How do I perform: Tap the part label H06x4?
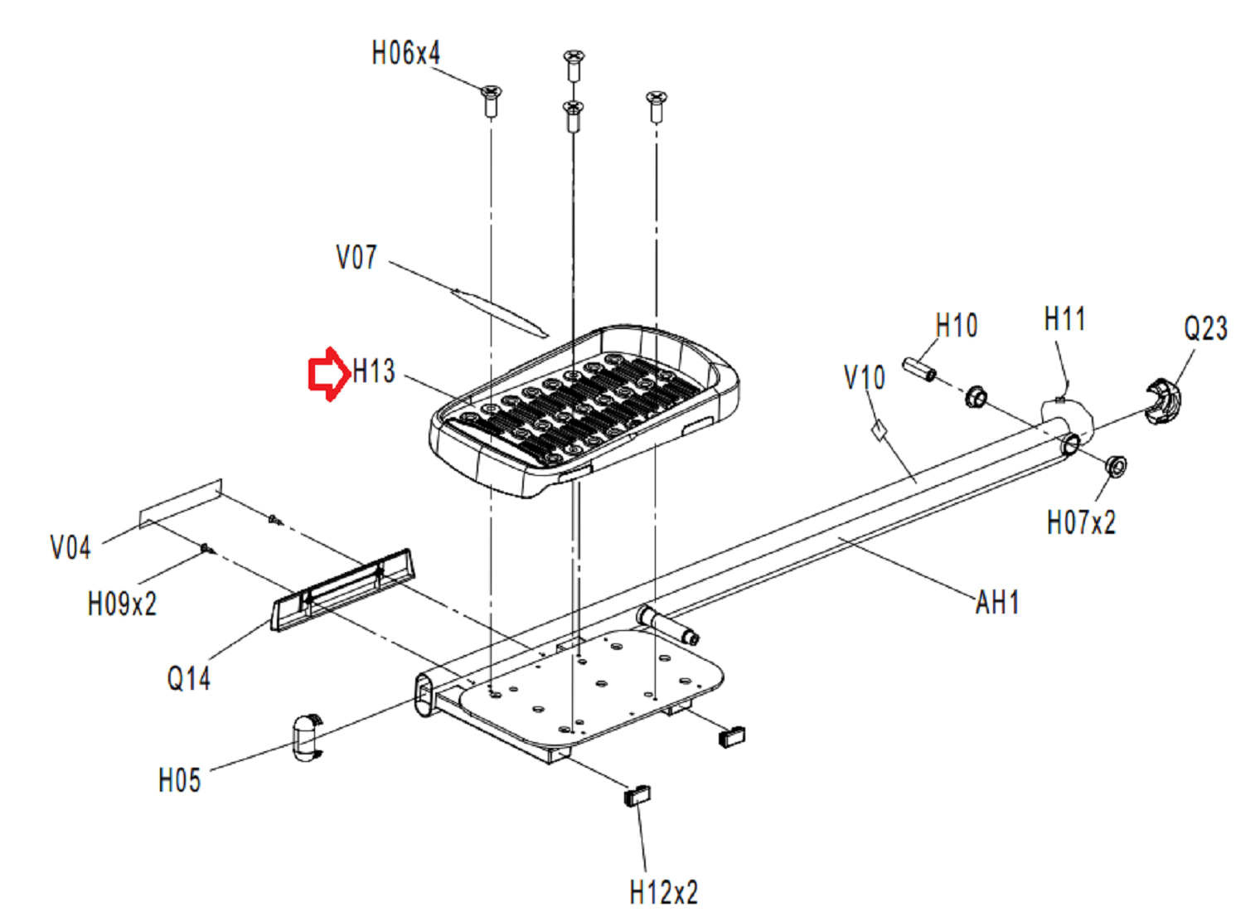405,54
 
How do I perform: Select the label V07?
356,258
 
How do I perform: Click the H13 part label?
374,371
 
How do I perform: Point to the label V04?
70,548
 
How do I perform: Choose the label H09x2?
122,604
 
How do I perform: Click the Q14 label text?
189,679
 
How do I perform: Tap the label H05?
179,781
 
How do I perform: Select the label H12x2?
664,893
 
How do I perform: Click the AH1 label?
997,603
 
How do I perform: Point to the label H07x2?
1081,523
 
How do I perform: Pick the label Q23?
1205,329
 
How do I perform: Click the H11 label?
1064,319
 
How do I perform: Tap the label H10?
957,326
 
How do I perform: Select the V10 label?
865,378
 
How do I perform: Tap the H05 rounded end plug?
306,736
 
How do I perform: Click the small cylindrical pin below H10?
919,369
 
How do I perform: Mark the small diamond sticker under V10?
879,429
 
